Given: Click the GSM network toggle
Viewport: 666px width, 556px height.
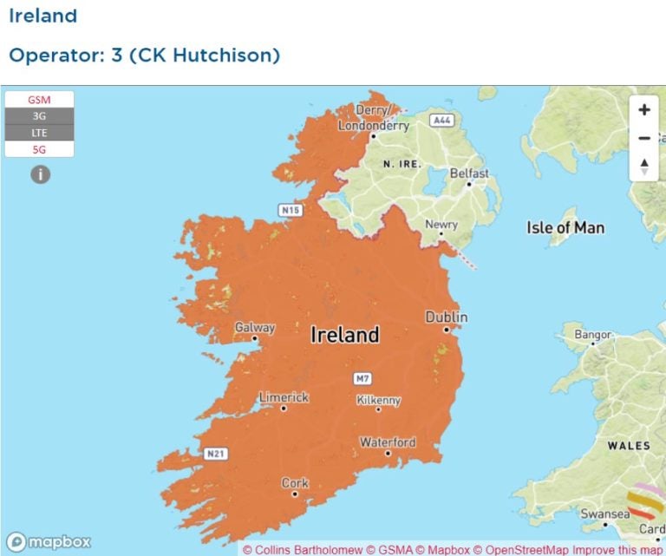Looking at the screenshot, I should pyautogui.click(x=39, y=100).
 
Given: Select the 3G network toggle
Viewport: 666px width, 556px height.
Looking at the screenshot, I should pyautogui.click(x=39, y=116).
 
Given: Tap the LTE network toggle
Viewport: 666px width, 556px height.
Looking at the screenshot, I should pyautogui.click(x=39, y=133).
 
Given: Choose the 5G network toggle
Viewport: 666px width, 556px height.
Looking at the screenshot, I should pyautogui.click(x=39, y=149).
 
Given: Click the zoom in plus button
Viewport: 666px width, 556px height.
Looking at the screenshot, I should pyautogui.click(x=643, y=110).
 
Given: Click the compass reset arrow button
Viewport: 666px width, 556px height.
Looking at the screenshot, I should pyautogui.click(x=643, y=166).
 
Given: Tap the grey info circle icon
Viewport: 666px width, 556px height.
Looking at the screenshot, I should pyautogui.click(x=40, y=174).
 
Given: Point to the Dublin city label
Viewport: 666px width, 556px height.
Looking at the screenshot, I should pyautogui.click(x=447, y=317).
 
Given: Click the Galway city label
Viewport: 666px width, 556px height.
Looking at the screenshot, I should pyautogui.click(x=255, y=328).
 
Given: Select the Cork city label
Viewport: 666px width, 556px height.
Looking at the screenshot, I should pyautogui.click(x=294, y=483).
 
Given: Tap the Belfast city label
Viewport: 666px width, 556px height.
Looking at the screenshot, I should pyautogui.click(x=469, y=173).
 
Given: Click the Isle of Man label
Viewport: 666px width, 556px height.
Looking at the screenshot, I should pyautogui.click(x=565, y=228).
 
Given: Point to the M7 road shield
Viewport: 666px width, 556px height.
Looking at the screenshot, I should pyautogui.click(x=362, y=379).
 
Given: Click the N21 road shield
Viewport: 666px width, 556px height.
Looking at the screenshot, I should pyautogui.click(x=217, y=454).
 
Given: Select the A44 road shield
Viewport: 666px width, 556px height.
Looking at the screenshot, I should pyautogui.click(x=442, y=120).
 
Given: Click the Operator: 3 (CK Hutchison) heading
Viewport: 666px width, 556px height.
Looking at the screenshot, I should pyautogui.click(x=144, y=56).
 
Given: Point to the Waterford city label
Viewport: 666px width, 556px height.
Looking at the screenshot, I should pyautogui.click(x=388, y=442).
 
